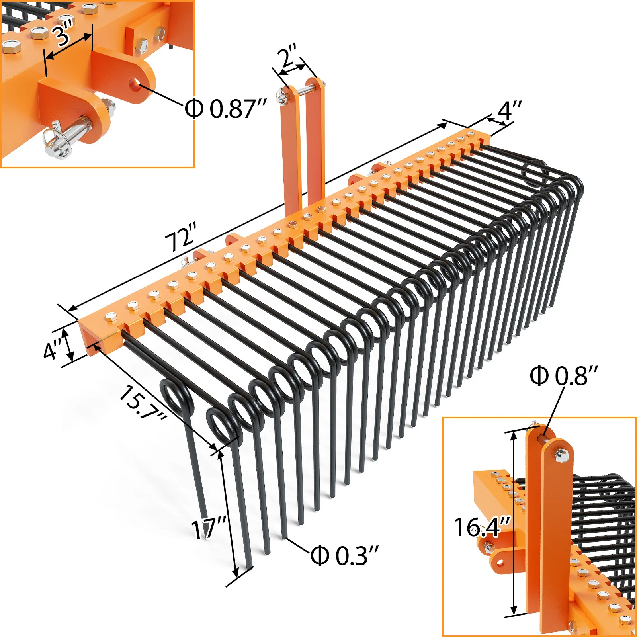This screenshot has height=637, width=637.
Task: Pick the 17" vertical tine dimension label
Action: [209, 528]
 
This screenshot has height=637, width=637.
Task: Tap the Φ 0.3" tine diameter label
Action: [345, 556]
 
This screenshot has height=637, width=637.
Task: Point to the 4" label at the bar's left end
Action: [53, 349]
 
